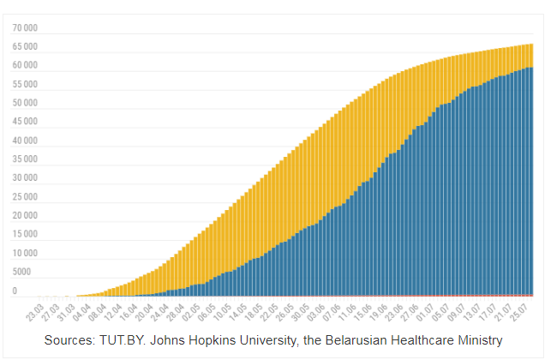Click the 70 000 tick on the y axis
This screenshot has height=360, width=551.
click(x=25, y=27)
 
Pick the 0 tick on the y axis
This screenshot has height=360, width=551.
click(x=15, y=291)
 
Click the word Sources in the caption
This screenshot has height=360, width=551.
click(x=73, y=340)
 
